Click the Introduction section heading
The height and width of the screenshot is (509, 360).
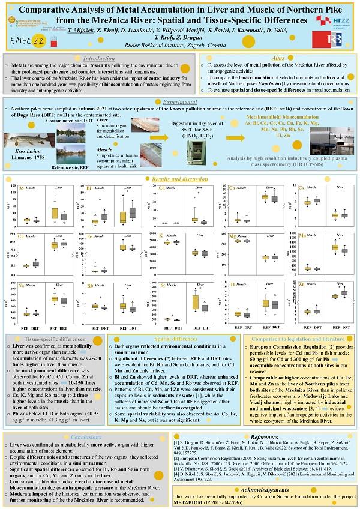coord(99,59)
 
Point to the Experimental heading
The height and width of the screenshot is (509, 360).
coord(180,102)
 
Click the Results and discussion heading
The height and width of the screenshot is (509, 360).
coord(180,179)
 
